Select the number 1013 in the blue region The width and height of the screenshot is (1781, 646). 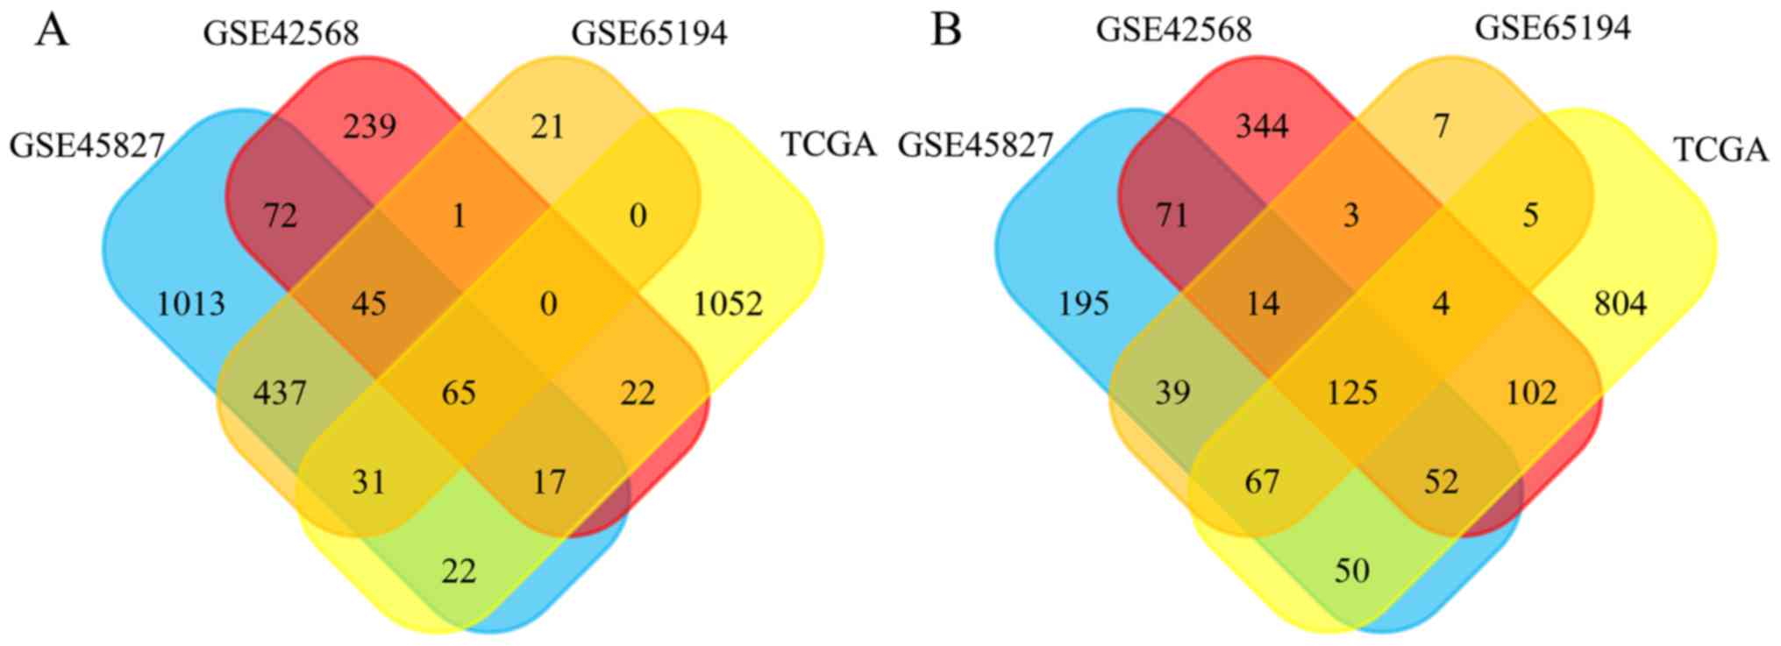pos(190,304)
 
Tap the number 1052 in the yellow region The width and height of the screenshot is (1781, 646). pos(727,304)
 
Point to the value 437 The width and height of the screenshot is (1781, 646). pos(280,392)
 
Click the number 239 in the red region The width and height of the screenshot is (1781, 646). pos(369,127)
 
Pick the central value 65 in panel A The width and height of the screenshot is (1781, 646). pos(459,392)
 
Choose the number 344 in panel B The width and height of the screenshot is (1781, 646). pos(1262,127)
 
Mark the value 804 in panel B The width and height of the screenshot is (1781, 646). pos(1620,304)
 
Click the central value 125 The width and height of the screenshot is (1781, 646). pos(1351,392)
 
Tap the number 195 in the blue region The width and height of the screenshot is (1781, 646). pos(1084,304)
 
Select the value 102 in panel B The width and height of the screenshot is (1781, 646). pos(1531,392)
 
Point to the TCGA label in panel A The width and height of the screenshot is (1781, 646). pos(828,145)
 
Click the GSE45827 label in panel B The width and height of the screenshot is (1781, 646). pos(975,145)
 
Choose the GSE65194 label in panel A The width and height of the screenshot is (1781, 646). pos(649,33)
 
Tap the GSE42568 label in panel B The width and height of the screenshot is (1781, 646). pos(1173,31)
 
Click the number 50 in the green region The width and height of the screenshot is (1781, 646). pos(1351,571)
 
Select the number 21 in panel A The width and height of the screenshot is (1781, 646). pos(547,127)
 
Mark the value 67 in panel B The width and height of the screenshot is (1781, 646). pos(1262,481)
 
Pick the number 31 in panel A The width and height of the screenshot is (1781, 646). pos(368,481)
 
